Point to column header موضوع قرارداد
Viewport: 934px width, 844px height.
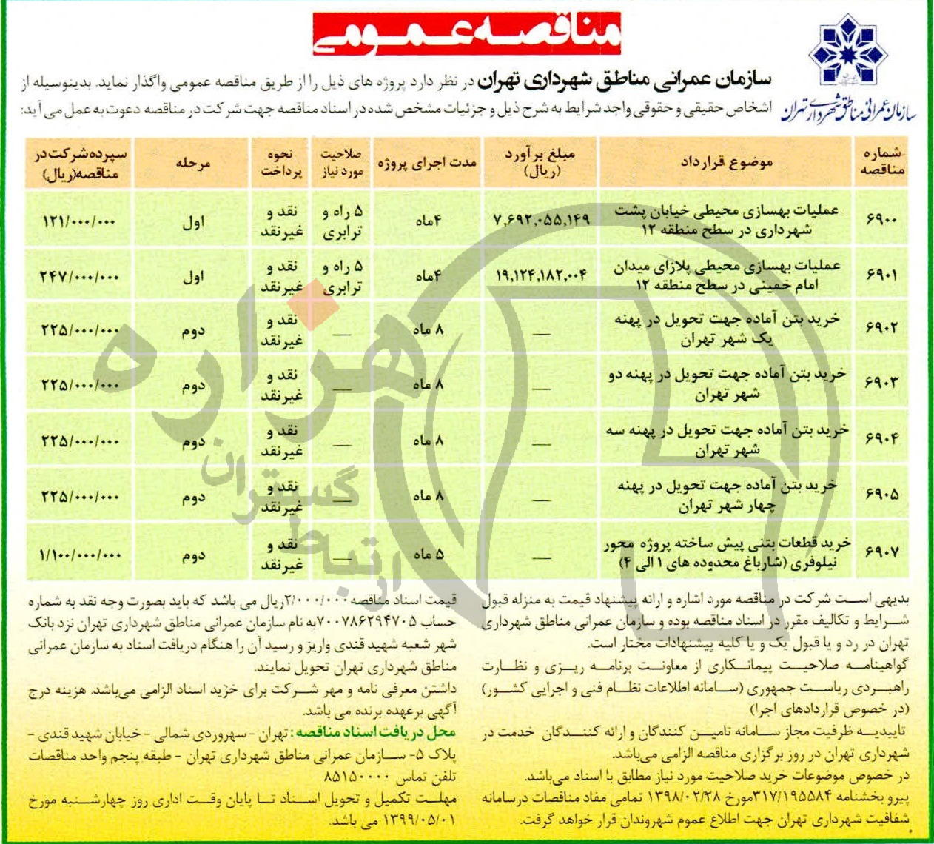click(726, 162)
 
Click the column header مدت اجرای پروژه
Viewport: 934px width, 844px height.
click(428, 162)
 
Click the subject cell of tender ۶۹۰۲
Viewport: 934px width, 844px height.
click(726, 329)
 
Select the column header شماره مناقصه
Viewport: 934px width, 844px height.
click(881, 162)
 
